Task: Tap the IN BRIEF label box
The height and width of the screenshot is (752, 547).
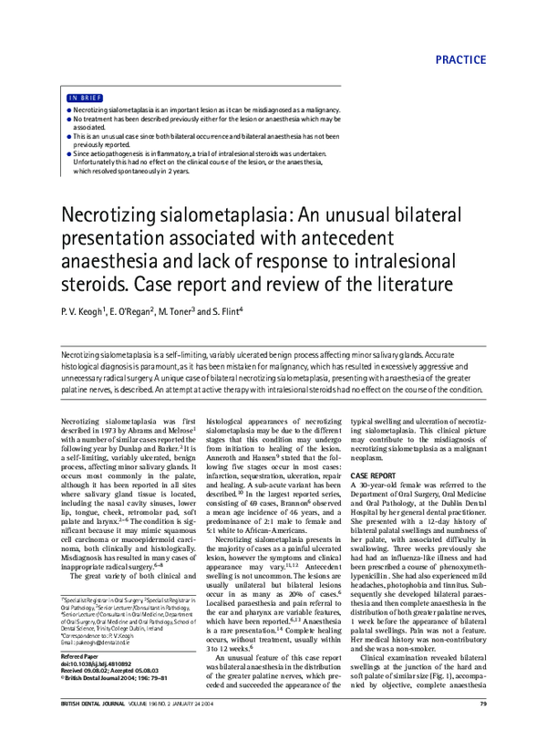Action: (84, 97)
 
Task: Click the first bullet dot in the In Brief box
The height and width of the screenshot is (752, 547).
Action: (69, 110)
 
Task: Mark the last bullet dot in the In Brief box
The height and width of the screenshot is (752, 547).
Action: (69, 154)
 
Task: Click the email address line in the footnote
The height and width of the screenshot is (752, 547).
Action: (100, 667)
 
